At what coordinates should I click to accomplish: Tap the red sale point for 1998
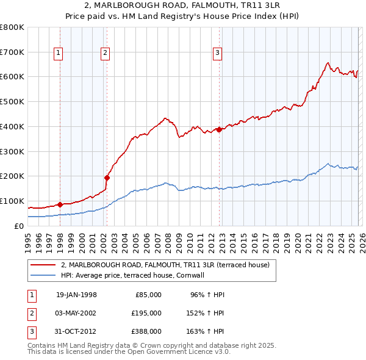[60, 204]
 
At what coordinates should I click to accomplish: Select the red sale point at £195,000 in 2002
[107, 178]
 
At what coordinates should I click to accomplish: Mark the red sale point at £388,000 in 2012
[218, 129]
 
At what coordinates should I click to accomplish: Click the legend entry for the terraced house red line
[169, 265]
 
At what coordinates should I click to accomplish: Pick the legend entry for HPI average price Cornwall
[136, 275]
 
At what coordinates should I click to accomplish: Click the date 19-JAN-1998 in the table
[76, 295]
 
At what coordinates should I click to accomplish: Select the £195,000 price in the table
[146, 312]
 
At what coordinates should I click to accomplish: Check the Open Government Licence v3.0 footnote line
[129, 352]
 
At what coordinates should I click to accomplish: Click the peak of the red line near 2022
[328, 63]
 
